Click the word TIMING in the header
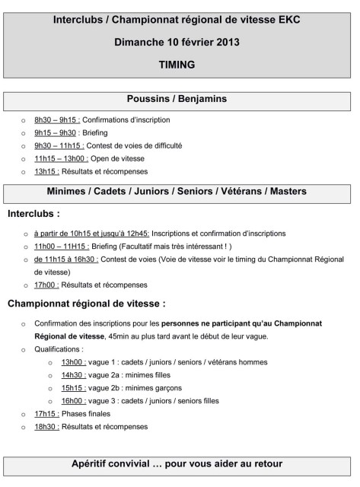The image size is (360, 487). pyautogui.click(x=180, y=65)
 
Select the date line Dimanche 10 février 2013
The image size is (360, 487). pyautogui.click(x=180, y=42)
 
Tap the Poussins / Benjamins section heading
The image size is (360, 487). pyautogui.click(x=180, y=99)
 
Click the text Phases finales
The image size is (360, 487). pyautogui.click(x=83, y=413)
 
